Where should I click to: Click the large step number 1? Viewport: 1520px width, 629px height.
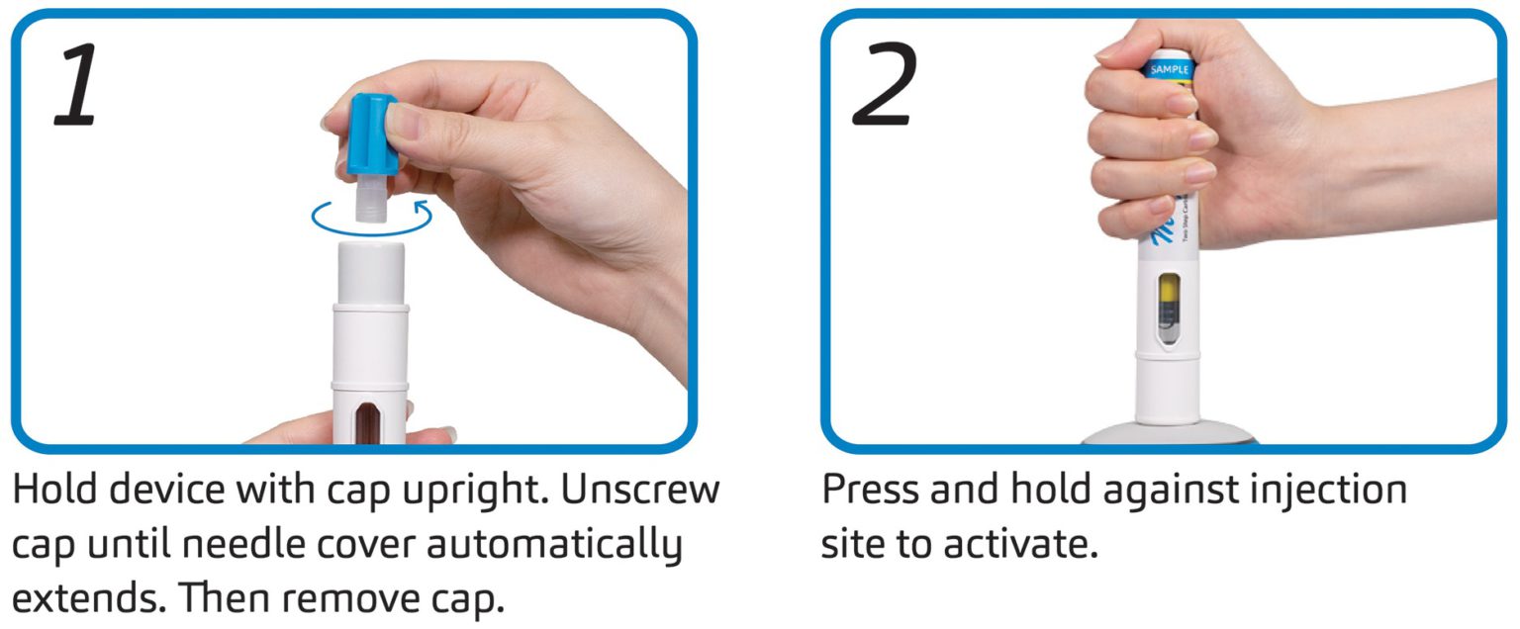click(76, 87)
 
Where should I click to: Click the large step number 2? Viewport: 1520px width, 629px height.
click(885, 87)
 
